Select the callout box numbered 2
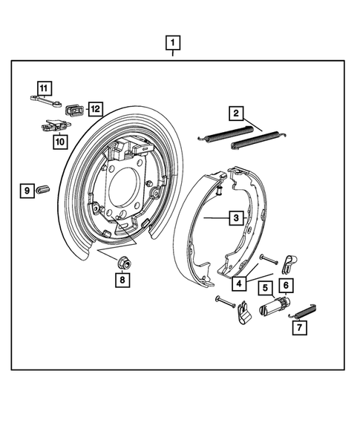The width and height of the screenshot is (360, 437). pyautogui.click(x=235, y=114)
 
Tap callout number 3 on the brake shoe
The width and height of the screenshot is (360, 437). pyautogui.click(x=235, y=218)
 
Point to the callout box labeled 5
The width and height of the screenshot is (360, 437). pyautogui.click(x=264, y=288)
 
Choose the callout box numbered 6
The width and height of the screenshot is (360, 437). pyautogui.click(x=285, y=284)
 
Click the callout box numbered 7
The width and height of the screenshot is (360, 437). pyautogui.click(x=298, y=326)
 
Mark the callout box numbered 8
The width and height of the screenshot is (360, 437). pyautogui.click(x=121, y=280)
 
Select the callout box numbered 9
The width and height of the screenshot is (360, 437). pyautogui.click(x=26, y=191)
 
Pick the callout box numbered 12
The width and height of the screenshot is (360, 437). pyautogui.click(x=95, y=109)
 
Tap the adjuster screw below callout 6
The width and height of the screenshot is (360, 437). pyautogui.click(x=275, y=305)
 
